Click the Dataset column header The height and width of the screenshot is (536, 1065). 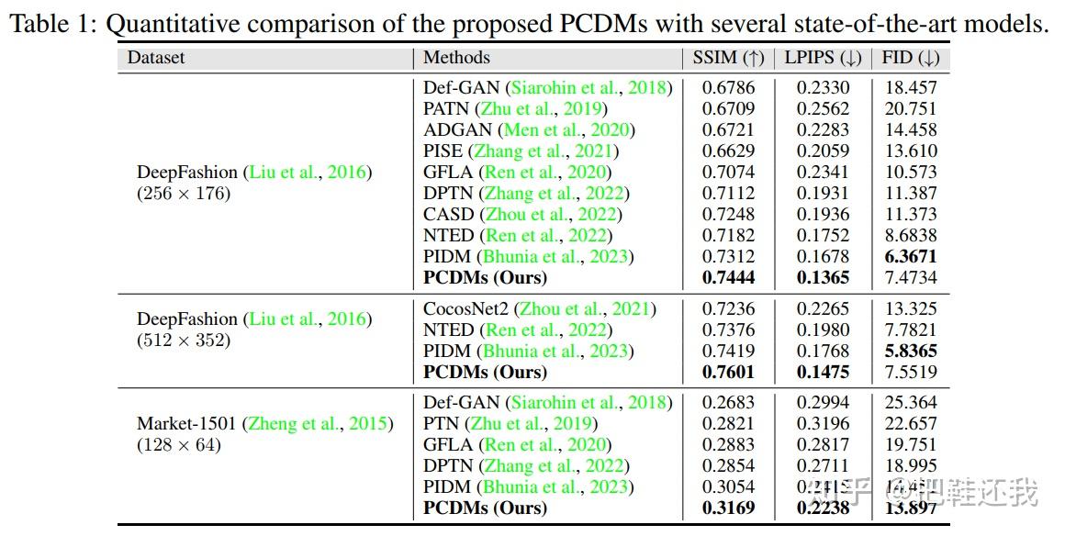coord(156,58)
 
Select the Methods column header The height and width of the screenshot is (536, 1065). coord(456,58)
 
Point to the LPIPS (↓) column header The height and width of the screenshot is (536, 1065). coord(822,58)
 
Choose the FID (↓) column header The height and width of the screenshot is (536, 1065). coord(910,58)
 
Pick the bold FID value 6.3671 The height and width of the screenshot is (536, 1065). coord(910,256)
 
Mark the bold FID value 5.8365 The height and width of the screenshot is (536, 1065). coord(910,351)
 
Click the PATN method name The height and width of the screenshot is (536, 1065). coord(446,108)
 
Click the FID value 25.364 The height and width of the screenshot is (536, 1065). coord(910,403)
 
